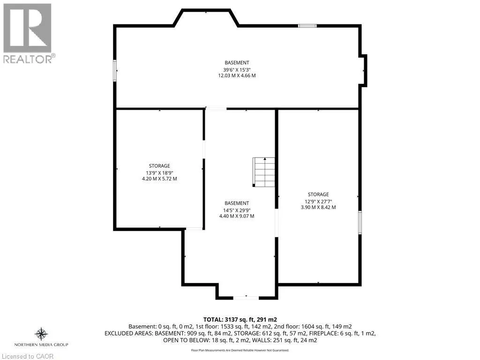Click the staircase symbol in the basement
click(x=264, y=172)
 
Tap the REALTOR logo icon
click(x=27, y=28)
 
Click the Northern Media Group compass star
click(x=41, y=334)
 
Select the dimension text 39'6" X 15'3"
click(x=237, y=69)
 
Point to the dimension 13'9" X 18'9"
click(x=159, y=172)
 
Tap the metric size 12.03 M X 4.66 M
click(x=237, y=75)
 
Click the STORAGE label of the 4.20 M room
click(x=159, y=166)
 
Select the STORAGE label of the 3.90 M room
click(x=318, y=195)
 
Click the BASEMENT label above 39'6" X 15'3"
click(x=237, y=63)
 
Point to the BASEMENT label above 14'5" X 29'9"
click(x=237, y=203)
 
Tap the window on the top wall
click(x=307, y=26)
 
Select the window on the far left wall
click(x=115, y=70)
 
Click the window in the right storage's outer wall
click(x=360, y=223)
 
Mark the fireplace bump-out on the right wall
click(x=363, y=70)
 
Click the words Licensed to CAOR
click(x=28, y=356)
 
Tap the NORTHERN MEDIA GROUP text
click(x=41, y=345)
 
